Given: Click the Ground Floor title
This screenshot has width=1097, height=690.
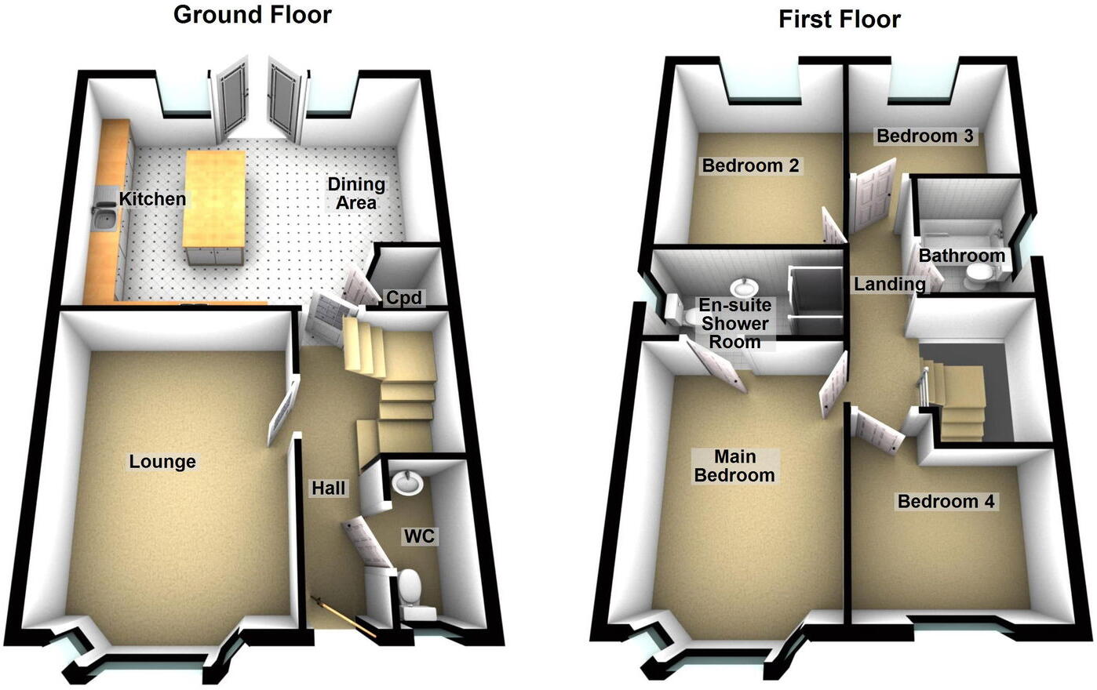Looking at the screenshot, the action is (252, 15).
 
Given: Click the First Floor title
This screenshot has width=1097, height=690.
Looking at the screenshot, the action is (839, 20).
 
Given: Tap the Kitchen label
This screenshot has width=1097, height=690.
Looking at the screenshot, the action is (153, 199).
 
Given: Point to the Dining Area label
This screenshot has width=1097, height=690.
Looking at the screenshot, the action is (356, 193).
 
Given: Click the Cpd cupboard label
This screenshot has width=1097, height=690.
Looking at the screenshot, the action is (403, 298).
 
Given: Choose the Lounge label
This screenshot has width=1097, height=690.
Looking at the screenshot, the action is (162, 462).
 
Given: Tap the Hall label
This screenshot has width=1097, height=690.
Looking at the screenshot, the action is (329, 488).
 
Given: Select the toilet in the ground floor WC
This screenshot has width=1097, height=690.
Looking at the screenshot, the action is (410, 586).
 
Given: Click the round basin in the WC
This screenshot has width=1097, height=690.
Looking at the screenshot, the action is (408, 482).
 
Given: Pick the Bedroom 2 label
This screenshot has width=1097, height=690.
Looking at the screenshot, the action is (750, 166).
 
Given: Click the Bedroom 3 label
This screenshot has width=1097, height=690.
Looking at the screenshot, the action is (924, 136).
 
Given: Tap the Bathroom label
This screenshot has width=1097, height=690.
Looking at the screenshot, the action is (961, 256).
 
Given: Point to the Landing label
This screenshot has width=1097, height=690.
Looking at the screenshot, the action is (889, 284).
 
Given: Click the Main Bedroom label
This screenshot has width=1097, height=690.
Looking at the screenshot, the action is (734, 466).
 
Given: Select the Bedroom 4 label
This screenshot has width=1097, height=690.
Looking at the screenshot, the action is (946, 502).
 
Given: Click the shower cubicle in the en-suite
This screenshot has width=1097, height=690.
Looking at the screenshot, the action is (815, 294).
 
